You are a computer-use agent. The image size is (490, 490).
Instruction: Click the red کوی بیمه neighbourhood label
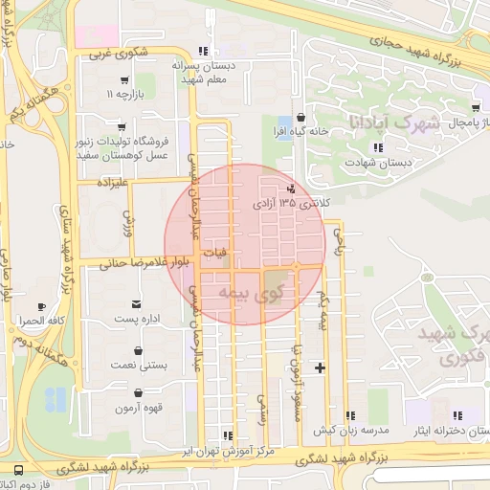(x=253, y=293)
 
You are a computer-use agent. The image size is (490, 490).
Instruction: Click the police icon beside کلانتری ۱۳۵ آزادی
(x=292, y=189)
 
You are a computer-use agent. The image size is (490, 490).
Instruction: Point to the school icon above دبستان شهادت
(x=378, y=147)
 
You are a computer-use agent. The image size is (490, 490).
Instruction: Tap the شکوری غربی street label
(x=121, y=55)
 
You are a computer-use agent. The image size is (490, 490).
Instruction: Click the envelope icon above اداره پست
(x=138, y=303)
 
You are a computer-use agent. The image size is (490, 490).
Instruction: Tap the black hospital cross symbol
(x=320, y=367)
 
